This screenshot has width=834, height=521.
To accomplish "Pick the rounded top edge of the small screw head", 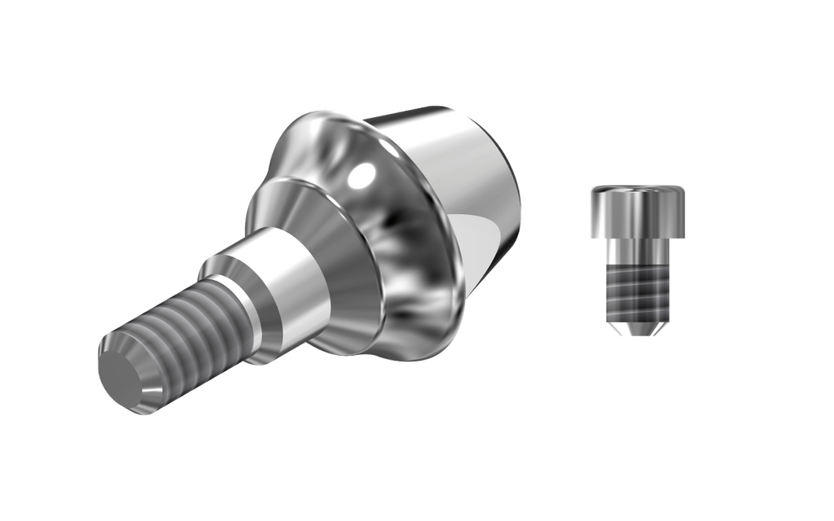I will coord(638,188).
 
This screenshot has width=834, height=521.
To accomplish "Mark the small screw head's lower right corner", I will coord(683,236).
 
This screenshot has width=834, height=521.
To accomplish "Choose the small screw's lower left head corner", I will coord(592,236).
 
